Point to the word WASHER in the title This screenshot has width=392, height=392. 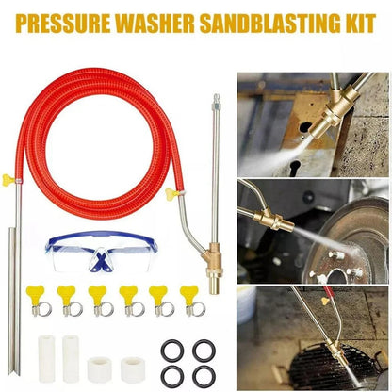[x=160, y=20]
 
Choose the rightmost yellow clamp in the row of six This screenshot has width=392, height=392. [x=189, y=301]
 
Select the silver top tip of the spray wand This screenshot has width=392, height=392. [x=216, y=99]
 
